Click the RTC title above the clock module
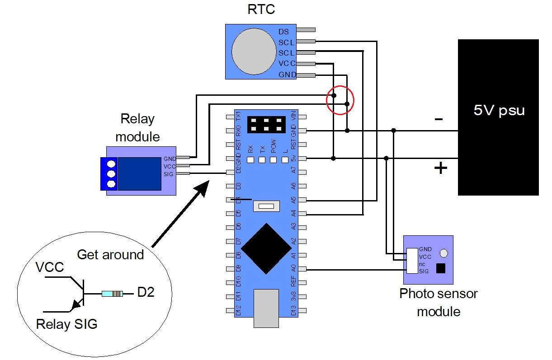tap(261, 9)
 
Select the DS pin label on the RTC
tap(283, 32)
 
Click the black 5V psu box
tap(498, 117)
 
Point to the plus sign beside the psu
tap(440, 168)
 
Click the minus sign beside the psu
tap(439, 119)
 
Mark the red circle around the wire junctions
tap(340, 100)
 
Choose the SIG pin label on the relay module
tap(169, 174)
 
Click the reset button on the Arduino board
tap(266, 206)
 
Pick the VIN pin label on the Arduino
tap(293, 116)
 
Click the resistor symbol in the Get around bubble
tap(112, 294)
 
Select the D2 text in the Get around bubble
tap(146, 292)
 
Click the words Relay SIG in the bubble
tap(66, 324)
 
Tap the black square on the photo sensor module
tap(440, 268)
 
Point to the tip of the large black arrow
tap(208, 181)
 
